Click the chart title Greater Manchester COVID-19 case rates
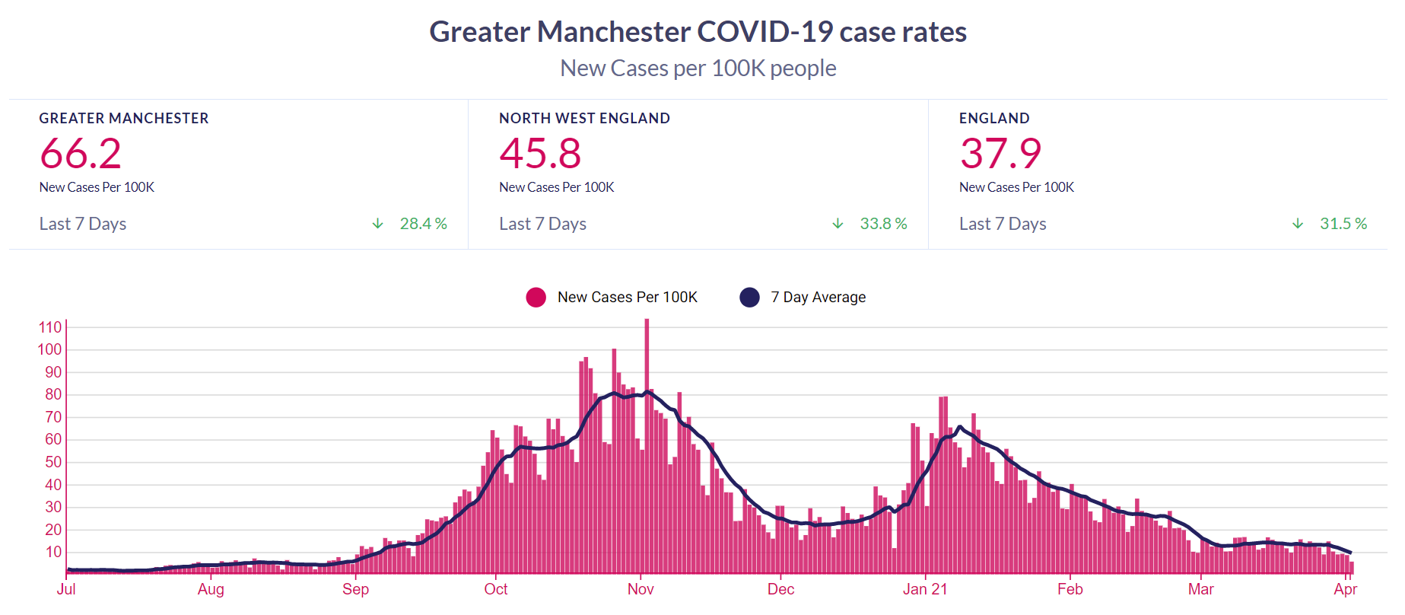[698, 32]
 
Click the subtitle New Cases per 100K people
[698, 69]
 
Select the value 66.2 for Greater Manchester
[81, 154]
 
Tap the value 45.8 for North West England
[540, 154]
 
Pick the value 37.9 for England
[1000, 154]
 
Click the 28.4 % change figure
[423, 224]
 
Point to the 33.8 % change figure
[883, 224]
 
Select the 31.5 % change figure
[1343, 224]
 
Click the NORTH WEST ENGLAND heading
[584, 119]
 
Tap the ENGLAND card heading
[994, 119]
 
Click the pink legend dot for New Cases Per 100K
[536, 298]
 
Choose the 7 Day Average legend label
[818, 298]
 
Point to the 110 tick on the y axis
[50, 327]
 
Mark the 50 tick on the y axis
[53, 462]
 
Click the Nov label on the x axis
[641, 589]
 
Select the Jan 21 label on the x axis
[925, 589]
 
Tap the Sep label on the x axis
[355, 589]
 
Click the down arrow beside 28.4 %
[377, 224]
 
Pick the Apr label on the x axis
[1345, 589]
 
